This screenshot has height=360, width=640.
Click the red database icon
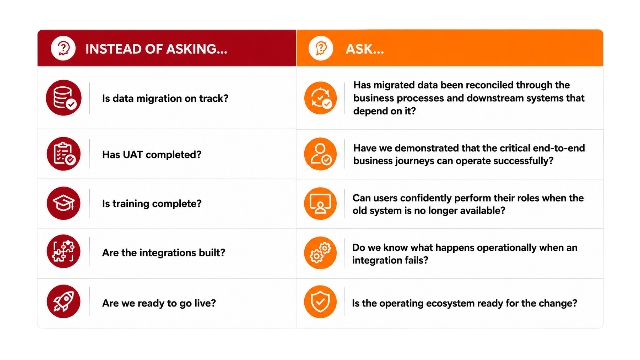pos(64,98)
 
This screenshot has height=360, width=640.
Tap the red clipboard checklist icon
pos(64,154)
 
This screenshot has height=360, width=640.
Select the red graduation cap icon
pos(64,203)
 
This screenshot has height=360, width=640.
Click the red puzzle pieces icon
pos(64,251)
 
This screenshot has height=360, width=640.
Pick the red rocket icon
pos(64,301)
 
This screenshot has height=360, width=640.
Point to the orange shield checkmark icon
pos(320,302)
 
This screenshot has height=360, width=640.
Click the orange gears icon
pos(320,253)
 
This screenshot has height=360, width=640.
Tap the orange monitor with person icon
pos(320,203)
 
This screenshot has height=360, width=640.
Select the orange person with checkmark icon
pos(320,154)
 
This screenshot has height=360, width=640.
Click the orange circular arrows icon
pos(320,98)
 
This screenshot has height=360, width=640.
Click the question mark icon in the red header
pos(63,48)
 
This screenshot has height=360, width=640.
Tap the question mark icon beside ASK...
pos(321,48)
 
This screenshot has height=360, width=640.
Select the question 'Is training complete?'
pos(152,203)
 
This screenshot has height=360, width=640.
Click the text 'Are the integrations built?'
pos(164,253)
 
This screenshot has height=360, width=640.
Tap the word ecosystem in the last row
pos(463,303)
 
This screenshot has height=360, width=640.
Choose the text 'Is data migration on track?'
pos(165,98)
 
